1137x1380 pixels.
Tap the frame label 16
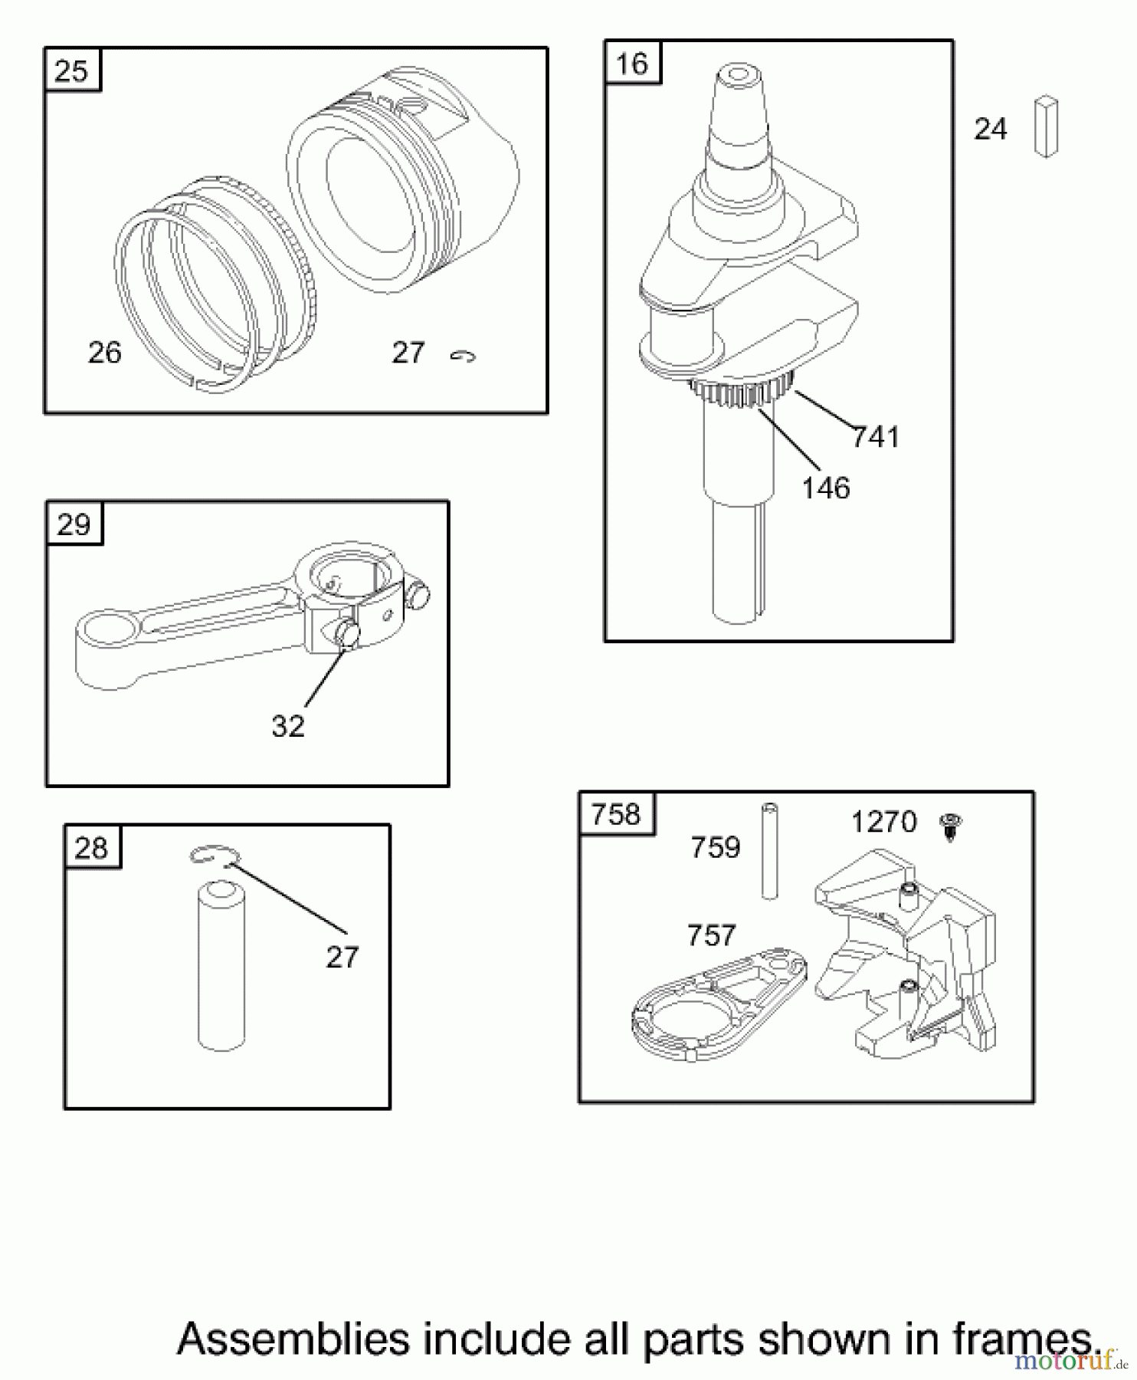632,64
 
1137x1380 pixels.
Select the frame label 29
74,525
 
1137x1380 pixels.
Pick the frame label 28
92,849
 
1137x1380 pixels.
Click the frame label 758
616,814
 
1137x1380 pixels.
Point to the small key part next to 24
1046,127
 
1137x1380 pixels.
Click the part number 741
876,438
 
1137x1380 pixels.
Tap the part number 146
826,488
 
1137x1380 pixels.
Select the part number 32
288,726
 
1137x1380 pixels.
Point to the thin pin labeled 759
769,851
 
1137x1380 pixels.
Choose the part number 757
711,935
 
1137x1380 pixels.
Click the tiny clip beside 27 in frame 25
463,356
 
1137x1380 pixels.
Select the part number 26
105,353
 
